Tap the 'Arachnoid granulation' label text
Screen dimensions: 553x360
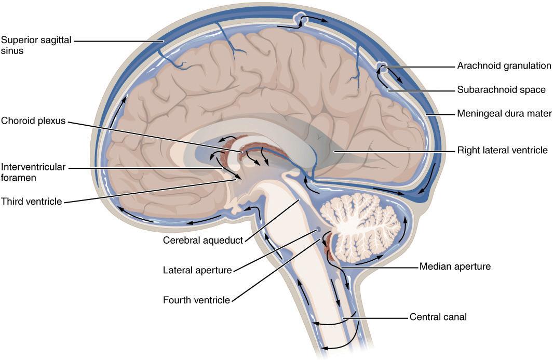pos(504,66)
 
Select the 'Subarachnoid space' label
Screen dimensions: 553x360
pos(501,90)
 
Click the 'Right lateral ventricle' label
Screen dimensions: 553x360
pos(502,151)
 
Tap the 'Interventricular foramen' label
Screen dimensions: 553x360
pos(33,172)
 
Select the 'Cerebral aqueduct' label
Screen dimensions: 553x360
pos(203,241)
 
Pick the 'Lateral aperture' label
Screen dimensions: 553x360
pos(197,270)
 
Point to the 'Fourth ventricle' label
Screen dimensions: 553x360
pos(196,300)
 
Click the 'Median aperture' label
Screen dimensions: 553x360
pos(455,267)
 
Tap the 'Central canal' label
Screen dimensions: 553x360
pos(438,316)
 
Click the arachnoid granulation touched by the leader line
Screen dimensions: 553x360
pos(382,66)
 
